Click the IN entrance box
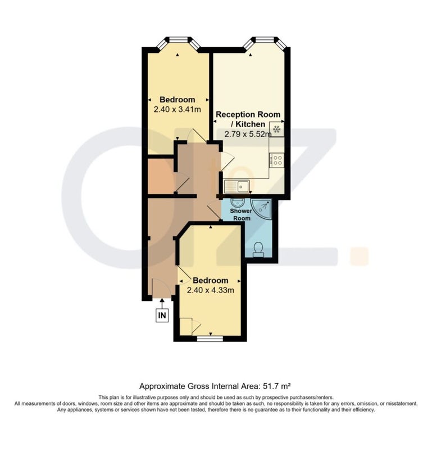(162, 315)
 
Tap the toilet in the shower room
(258, 249)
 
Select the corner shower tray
(261, 209)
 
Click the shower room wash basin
(237, 202)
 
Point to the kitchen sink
(237, 186)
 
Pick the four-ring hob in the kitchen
(276, 160)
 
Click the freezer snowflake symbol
(276, 129)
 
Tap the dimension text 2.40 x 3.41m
(177, 109)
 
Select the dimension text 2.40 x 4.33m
(211, 290)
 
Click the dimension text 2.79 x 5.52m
(248, 134)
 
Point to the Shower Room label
(242, 214)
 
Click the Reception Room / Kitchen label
(248, 119)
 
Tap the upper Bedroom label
(177, 100)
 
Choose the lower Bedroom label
(211, 280)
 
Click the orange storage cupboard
(161, 175)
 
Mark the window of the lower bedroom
(210, 339)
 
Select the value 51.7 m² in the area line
(277, 386)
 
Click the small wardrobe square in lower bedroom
(186, 326)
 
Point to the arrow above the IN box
(162, 304)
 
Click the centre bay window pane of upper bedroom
(178, 39)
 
